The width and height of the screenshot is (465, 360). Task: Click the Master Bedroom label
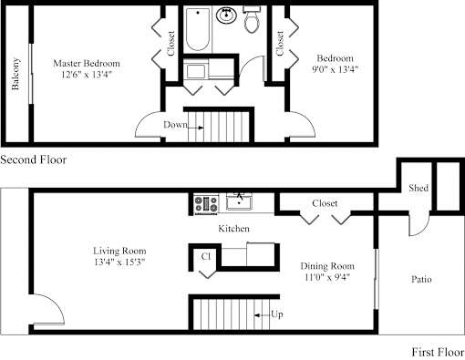point(87,64)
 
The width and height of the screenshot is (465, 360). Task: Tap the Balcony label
point(15,74)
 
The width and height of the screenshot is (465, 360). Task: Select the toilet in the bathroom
point(252,19)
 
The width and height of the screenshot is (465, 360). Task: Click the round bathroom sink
point(226,15)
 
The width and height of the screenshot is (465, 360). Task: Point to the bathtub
point(198,29)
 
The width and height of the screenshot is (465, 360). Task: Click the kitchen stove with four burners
point(206,204)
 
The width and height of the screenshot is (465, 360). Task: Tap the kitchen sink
point(239,201)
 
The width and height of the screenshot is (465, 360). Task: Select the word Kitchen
point(234,229)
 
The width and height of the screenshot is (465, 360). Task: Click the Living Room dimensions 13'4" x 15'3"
point(119,262)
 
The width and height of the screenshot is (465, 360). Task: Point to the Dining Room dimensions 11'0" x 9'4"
point(327,277)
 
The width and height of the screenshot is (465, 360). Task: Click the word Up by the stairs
point(277,314)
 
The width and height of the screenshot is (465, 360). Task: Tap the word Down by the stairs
point(175,125)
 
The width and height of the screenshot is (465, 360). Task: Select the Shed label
point(418,188)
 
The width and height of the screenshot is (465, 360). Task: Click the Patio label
point(421,279)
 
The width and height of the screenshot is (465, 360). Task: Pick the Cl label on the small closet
point(206,257)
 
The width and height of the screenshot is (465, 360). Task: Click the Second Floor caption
point(34,159)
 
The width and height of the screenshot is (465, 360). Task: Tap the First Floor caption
point(438,353)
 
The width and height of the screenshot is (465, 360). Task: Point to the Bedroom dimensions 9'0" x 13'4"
point(336,69)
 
